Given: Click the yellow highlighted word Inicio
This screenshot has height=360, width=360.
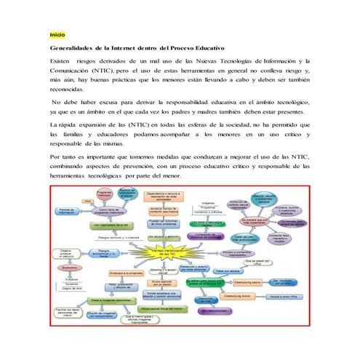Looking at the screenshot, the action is click(57, 35).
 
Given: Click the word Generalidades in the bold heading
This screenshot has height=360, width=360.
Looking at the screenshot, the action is click(74, 48).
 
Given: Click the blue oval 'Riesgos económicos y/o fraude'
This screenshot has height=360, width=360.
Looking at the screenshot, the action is click(113, 253).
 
